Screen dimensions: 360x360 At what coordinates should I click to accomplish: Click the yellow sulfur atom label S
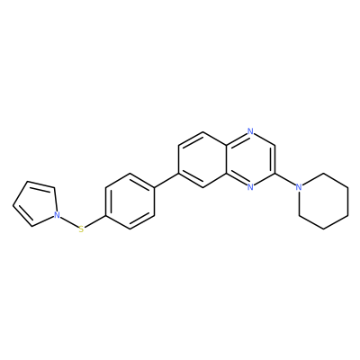(x=81, y=229)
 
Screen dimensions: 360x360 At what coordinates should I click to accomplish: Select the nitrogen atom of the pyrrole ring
(x=57, y=215)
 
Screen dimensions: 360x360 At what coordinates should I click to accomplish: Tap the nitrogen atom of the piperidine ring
(x=298, y=187)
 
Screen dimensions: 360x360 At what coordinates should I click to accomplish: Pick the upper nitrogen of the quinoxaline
(x=251, y=131)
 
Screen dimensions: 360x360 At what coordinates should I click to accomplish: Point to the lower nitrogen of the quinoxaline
(x=251, y=187)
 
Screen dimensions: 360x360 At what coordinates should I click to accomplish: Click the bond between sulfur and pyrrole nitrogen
(x=69, y=222)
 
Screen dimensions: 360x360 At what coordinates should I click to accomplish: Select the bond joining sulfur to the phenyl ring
(x=94, y=222)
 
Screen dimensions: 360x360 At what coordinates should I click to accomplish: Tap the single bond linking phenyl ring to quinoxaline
(x=166, y=180)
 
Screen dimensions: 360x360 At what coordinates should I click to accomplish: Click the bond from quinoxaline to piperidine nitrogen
(x=285, y=180)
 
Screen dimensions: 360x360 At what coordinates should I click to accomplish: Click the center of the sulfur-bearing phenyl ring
(x=130, y=202)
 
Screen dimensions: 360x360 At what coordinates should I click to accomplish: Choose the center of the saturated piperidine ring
(x=323, y=202)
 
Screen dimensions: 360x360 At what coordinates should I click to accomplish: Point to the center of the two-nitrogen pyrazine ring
(x=251, y=159)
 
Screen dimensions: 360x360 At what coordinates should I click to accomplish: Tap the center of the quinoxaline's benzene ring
(x=202, y=159)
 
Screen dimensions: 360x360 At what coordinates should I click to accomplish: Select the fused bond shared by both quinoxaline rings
(x=226, y=159)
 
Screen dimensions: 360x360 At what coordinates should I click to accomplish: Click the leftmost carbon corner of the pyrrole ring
(x=13, y=206)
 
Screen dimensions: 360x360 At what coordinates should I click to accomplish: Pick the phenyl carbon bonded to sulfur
(x=105, y=215)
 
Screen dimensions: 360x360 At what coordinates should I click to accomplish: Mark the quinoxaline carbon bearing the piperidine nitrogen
(x=274, y=174)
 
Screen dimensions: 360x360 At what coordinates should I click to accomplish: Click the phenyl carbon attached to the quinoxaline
(x=154, y=187)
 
